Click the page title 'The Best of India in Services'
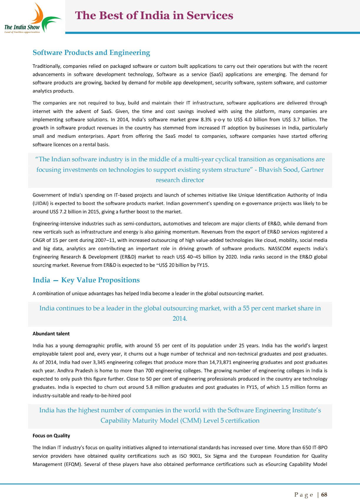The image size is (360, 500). [x=154, y=16]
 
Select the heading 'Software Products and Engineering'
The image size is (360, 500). [x=91, y=53]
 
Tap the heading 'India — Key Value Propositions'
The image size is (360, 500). [x=86, y=280]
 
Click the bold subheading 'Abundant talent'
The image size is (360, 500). [x=51, y=334]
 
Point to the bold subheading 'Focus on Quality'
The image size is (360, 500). [x=51, y=436]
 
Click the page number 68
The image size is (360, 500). [x=324, y=494]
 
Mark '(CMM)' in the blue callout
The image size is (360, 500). [x=190, y=421]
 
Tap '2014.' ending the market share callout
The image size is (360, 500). [x=180, y=318]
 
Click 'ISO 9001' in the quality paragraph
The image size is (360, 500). [x=189, y=456]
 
